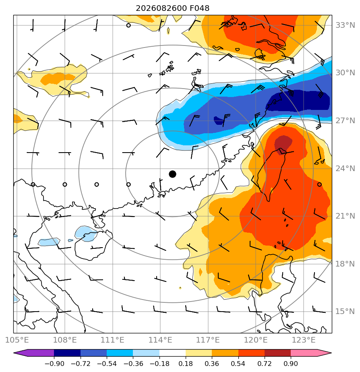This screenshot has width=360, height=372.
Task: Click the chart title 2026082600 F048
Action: tap(172, 8)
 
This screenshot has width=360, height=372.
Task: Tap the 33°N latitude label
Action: tap(345, 25)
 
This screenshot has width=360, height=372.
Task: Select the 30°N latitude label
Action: tap(345, 73)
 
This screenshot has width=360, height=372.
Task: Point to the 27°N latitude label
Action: tap(345, 121)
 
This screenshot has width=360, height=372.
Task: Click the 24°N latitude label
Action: tap(345, 169)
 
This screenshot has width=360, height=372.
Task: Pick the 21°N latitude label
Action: tap(345, 216)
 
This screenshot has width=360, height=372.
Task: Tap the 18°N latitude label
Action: tap(345, 264)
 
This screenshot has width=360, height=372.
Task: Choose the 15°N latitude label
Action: tap(345, 311)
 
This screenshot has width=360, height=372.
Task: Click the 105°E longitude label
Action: tap(17, 340)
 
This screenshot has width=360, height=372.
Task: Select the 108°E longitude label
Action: tap(65, 340)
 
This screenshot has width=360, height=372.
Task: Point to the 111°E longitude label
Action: tap(112, 340)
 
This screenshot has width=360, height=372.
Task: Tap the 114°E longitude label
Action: tap(160, 340)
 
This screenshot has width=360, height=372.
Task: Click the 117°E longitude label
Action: tap(208, 340)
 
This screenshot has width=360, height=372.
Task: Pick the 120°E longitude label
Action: tap(256, 340)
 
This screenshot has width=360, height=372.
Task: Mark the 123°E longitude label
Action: tap(304, 340)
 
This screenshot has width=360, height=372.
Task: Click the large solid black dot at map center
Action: tap(172, 174)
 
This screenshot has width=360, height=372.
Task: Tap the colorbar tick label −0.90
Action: tap(54, 364)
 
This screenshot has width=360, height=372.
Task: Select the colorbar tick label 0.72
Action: tap(265, 364)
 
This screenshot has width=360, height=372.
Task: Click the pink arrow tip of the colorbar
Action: tap(331, 353)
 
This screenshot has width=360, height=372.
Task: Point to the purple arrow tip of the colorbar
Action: tap(14, 353)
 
